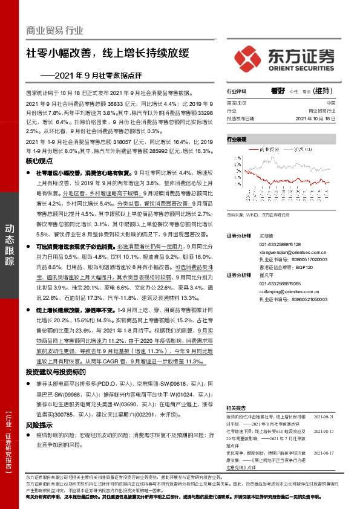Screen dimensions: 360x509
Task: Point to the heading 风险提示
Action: pyautogui.click(x=41, y=425)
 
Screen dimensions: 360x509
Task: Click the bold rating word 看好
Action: pyautogui.click(x=278, y=91)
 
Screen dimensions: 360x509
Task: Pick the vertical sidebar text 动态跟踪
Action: pyautogui.click(x=10, y=242)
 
